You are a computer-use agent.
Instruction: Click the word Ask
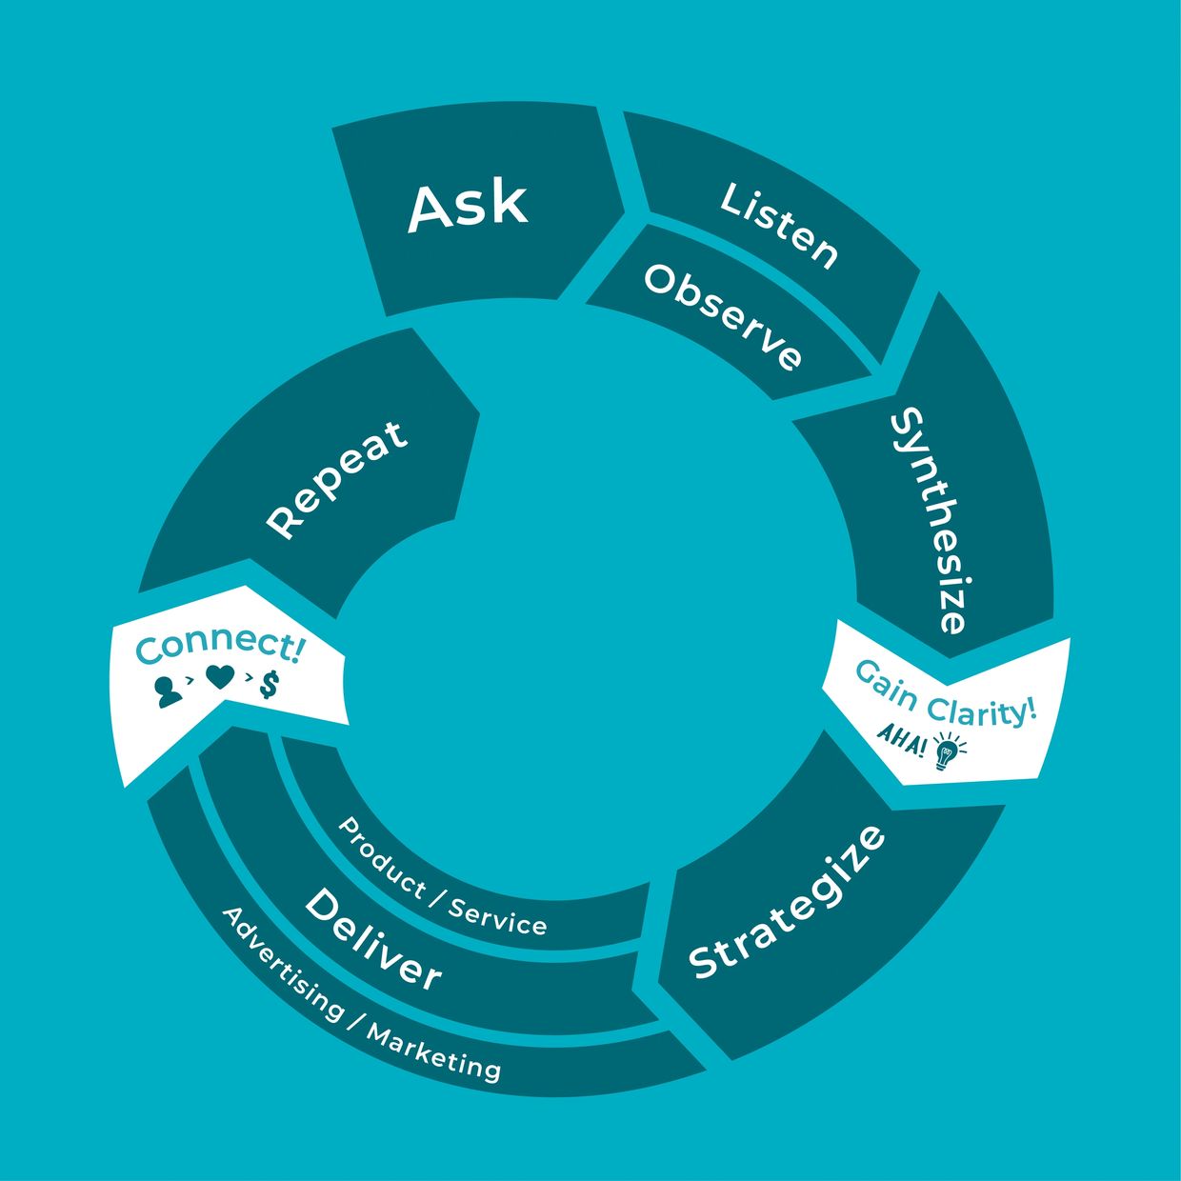(467, 207)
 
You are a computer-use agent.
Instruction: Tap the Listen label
(779, 225)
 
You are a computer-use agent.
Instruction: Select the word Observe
(722, 316)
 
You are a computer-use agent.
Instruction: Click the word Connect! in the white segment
(220, 647)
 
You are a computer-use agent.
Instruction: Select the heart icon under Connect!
(220, 678)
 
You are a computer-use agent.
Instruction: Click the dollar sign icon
(270, 684)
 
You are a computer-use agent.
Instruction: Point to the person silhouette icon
(168, 691)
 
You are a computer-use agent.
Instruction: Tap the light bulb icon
(946, 751)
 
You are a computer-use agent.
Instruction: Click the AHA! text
(900, 738)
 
